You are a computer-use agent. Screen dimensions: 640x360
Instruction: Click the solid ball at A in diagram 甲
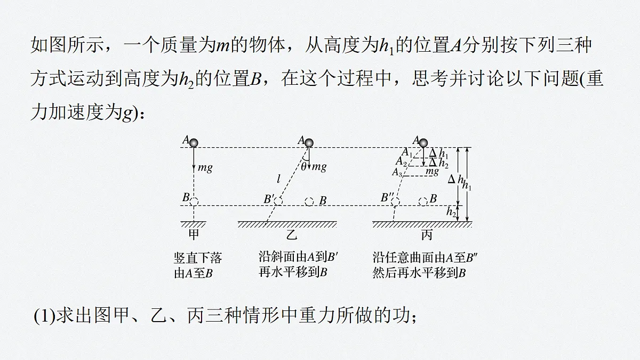click(194, 143)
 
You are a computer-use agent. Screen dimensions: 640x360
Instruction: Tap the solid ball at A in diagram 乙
click(309, 143)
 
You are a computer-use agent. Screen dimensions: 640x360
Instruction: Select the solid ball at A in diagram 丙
click(423, 143)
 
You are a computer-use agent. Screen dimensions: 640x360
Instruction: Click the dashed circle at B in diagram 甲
click(194, 202)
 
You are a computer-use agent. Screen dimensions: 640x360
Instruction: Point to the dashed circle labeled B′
click(278, 202)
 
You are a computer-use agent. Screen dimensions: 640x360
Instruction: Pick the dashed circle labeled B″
click(395, 202)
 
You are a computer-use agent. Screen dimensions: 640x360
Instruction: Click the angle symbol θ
click(303, 166)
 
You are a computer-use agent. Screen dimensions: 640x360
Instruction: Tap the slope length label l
click(278, 179)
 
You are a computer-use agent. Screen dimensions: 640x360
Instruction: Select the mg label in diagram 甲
click(205, 167)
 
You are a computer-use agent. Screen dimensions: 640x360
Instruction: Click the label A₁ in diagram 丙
click(407, 152)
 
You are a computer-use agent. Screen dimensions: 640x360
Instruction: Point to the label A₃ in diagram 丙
click(397, 172)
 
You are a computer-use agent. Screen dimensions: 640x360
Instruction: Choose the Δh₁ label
click(438, 154)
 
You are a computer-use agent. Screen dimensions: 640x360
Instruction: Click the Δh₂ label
click(438, 163)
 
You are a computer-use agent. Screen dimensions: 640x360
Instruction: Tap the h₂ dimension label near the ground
click(451, 212)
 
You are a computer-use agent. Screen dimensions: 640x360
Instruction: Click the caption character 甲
click(194, 235)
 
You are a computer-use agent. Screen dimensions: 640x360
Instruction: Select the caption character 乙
click(291, 235)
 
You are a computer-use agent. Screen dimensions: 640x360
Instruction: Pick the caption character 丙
click(427, 235)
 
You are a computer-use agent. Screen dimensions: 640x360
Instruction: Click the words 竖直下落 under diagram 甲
click(198, 258)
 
